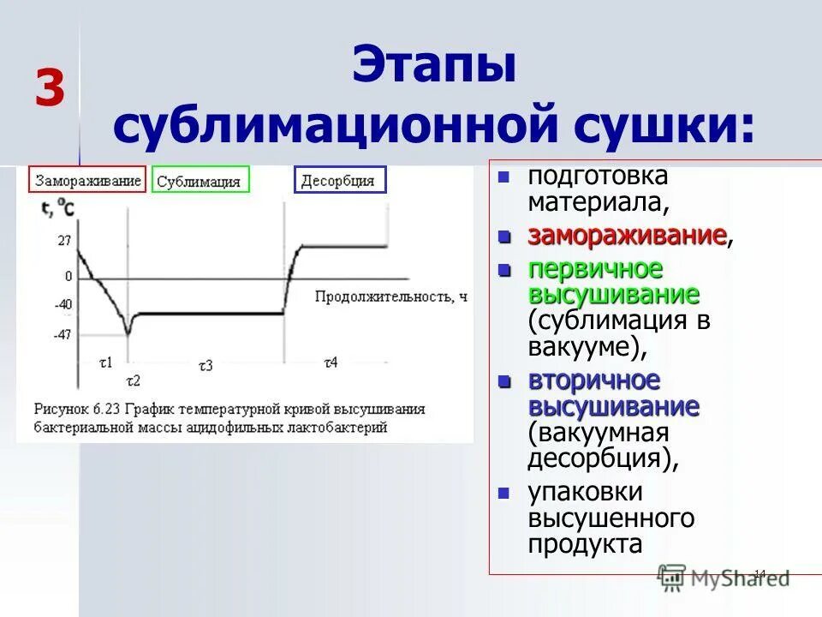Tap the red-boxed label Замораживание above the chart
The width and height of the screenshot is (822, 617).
click(x=87, y=180)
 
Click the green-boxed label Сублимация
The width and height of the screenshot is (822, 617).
click(x=200, y=181)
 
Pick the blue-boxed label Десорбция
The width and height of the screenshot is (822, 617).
click(x=340, y=180)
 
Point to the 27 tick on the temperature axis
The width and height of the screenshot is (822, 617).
click(x=64, y=241)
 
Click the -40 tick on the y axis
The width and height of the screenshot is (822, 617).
click(x=63, y=305)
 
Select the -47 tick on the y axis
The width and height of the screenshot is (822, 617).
click(x=63, y=334)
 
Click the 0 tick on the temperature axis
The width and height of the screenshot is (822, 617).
click(x=68, y=277)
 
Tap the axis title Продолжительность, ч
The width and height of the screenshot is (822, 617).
click(x=391, y=297)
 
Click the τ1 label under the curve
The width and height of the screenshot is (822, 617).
click(x=107, y=362)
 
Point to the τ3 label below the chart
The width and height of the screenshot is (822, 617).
click(x=205, y=365)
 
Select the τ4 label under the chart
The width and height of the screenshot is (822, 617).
click(x=331, y=362)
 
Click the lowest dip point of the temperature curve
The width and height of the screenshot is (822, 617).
click(x=128, y=332)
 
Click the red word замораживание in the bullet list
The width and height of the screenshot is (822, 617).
click(x=627, y=236)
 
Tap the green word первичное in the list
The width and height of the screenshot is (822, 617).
click(x=595, y=269)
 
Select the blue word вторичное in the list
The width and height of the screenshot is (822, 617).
click(x=593, y=380)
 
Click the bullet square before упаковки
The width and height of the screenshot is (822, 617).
click(x=504, y=494)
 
